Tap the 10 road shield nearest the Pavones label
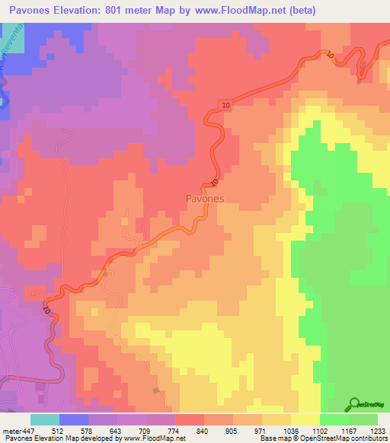(x=215, y=183)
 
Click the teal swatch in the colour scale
(x=45, y=420)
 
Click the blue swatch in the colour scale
(x=74, y=420)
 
